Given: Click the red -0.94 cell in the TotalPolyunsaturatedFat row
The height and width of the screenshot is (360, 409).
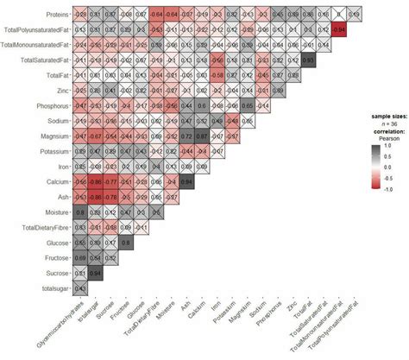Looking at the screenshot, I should [339, 29].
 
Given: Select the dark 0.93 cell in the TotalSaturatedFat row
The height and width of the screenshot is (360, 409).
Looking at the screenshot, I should [308, 60].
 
